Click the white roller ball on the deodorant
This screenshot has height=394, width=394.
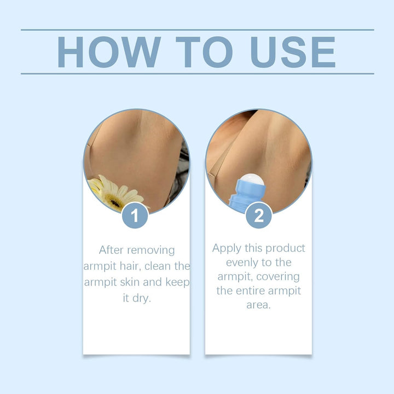point(252,180)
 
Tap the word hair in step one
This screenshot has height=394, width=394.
point(131,266)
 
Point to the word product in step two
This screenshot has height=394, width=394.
point(286,248)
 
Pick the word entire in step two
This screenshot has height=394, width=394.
point(256,291)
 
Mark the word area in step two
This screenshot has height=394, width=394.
point(258,305)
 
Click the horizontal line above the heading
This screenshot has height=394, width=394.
point(197,30)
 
